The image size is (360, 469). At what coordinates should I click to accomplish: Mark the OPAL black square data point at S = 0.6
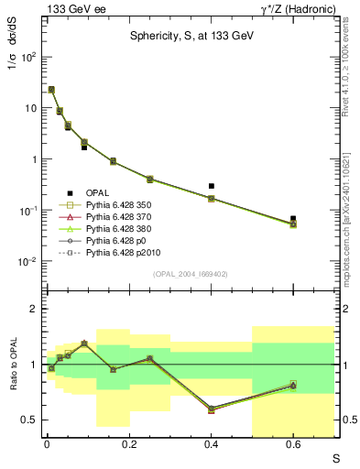click(293, 219)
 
